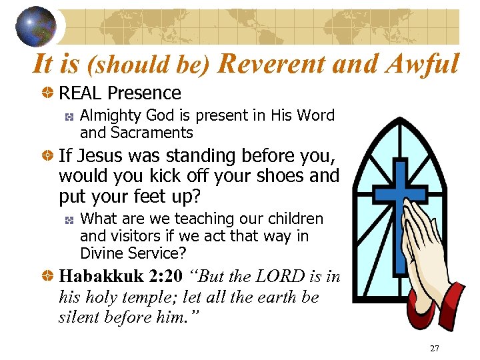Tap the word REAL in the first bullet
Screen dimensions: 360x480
point(80,93)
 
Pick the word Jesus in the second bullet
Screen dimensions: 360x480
point(95,156)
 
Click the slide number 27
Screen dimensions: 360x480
point(434,349)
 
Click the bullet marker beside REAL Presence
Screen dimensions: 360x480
point(47,93)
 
